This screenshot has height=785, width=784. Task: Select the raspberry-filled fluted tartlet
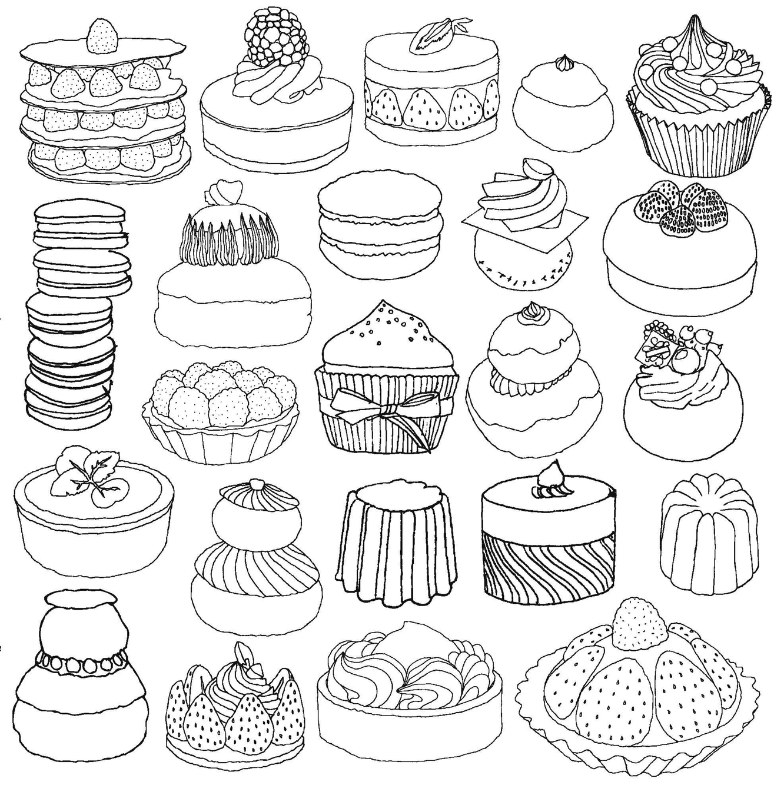pyautogui.click(x=219, y=412)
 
